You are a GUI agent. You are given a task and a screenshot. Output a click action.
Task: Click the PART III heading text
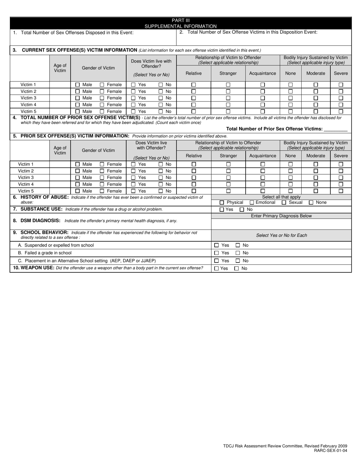pos(180,20)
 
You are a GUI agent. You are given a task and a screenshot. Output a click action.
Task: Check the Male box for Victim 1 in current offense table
pos(78,85)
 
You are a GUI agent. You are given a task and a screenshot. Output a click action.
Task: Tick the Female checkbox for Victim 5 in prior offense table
pos(102,191)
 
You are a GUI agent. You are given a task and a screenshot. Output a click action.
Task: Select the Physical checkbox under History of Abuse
pos(222,203)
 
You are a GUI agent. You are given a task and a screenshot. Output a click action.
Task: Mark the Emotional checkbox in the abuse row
pos(252,203)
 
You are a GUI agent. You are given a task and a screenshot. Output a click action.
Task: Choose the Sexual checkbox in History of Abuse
pos(284,203)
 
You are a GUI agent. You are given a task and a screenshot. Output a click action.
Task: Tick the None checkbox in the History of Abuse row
pos(311,203)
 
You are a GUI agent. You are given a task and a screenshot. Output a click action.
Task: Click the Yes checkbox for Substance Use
pos(222,210)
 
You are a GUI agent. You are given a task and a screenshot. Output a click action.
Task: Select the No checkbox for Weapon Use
pos(236,269)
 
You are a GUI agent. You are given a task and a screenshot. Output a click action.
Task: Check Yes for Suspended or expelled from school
pos(217,245)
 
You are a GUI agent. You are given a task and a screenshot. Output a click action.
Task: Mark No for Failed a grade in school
pos(238,253)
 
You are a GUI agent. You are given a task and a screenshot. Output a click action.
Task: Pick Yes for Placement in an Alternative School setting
pos(217,261)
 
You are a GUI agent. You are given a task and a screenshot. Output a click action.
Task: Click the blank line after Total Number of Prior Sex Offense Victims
pos(336,129)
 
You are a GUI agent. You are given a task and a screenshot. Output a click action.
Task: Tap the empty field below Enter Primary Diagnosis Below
pos(281,224)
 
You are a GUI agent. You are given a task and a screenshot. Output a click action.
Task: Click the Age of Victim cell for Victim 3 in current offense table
pos(60,98)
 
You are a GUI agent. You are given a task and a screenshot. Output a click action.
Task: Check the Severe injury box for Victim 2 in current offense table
pos(341,92)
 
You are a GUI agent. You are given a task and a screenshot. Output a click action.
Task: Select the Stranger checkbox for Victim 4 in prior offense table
pos(228,185)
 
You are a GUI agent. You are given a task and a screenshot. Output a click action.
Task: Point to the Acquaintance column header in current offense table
pos(263,73)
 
